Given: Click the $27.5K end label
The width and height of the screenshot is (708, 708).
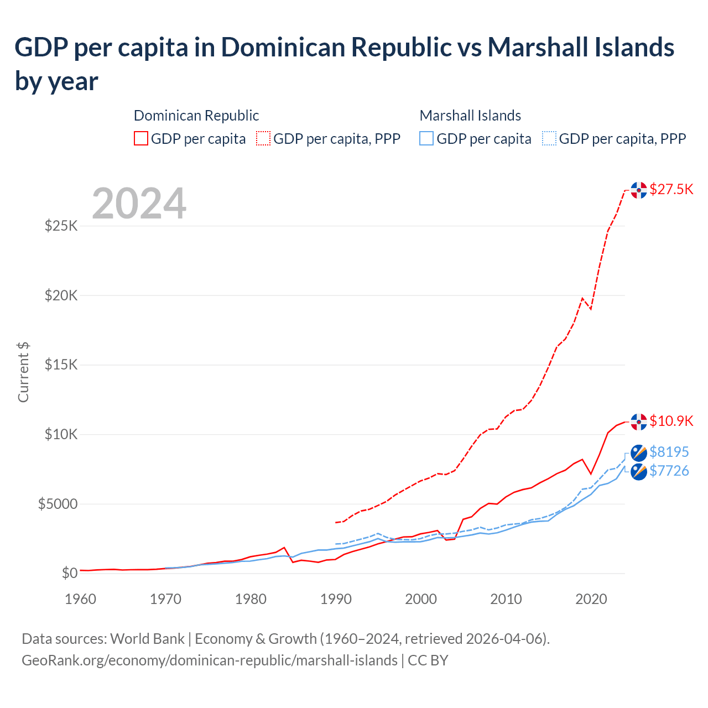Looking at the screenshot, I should tap(671, 190).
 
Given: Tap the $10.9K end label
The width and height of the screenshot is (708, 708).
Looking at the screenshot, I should tap(671, 421).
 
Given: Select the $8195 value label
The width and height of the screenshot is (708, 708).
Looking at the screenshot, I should tap(669, 452).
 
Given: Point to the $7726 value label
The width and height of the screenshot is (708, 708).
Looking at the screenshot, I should tap(669, 471).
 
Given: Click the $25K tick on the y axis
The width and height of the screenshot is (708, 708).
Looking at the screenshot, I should tap(61, 226).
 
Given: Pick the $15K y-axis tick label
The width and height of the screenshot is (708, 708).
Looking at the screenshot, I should tap(61, 365).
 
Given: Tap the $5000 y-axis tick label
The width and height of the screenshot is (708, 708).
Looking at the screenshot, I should tap(58, 504).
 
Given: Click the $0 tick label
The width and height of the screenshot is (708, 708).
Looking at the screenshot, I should tap(69, 573).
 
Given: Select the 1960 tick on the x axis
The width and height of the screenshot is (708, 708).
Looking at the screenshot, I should tap(80, 599).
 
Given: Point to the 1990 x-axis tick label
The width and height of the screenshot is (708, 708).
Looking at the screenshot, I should tap(336, 599).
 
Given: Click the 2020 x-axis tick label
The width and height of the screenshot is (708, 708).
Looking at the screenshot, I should tap(591, 599).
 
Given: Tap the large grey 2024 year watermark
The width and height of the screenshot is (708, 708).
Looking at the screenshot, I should tap(139, 204).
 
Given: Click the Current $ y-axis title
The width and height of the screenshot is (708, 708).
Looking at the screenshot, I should tap(23, 372).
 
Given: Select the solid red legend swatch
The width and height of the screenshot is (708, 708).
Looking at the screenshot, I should tap(141, 138).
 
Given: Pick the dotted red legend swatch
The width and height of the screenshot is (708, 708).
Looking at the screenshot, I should tap(263, 138).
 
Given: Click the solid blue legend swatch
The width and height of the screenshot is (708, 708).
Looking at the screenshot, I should tap(426, 138).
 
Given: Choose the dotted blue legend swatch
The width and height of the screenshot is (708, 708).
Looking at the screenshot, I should tap(549, 138).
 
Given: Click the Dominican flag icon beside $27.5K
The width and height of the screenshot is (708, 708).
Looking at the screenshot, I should tap(639, 190).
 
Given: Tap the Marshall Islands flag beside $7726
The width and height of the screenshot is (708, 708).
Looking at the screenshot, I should tap(639, 472).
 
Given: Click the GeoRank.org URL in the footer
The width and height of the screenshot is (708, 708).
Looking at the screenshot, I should tap(209, 660).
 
